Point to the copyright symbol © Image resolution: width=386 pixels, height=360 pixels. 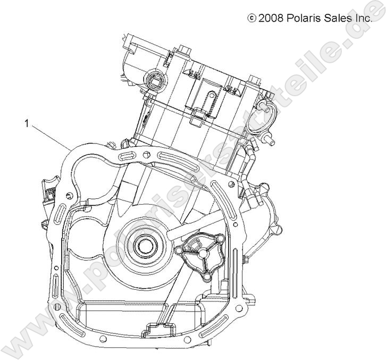tap(251, 18)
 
